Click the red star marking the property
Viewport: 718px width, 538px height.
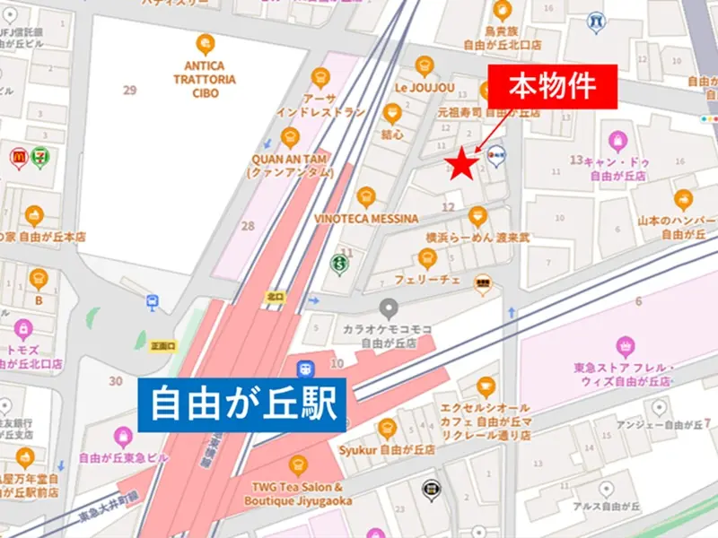pos(461,163)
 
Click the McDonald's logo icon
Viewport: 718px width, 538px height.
pos(19,155)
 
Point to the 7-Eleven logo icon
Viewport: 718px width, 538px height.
pos(40,155)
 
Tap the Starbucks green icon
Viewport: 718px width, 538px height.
pos(339,265)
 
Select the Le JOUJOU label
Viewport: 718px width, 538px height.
pos(425,88)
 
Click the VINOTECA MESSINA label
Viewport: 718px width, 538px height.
pos(366,218)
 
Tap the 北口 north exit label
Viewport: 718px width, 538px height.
pos(275,296)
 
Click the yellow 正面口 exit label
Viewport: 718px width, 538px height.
pos(163,345)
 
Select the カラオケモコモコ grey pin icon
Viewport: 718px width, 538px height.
pos(388,308)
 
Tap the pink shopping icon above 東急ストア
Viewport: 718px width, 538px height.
pos(626,344)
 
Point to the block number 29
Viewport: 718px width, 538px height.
pos(130,91)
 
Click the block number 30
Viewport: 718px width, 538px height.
pos(115,381)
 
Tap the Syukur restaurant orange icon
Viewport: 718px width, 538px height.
pos(387,428)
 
